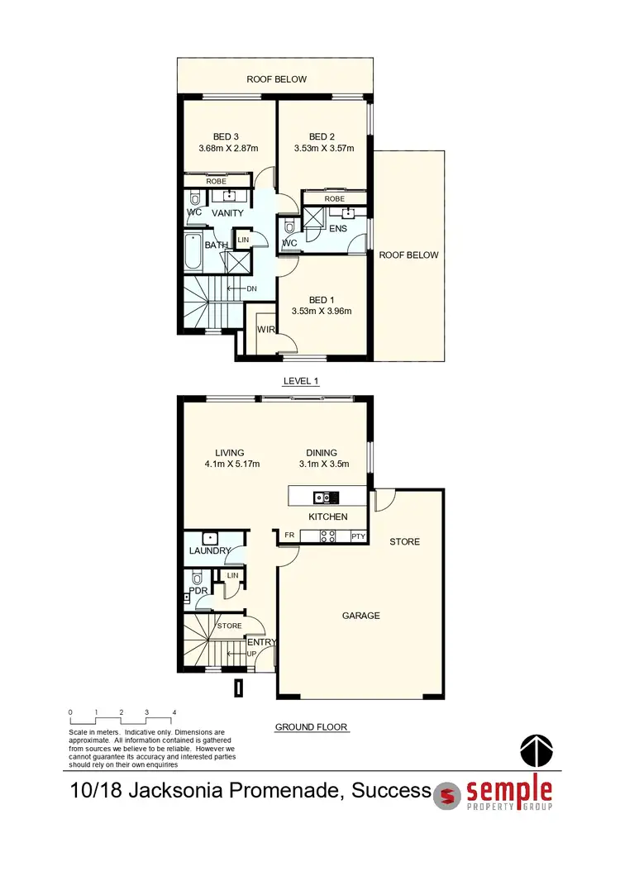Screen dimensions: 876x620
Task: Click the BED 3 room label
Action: click(228, 136)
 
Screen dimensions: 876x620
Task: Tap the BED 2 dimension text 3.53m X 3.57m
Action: click(324, 149)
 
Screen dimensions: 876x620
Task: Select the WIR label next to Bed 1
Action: click(266, 331)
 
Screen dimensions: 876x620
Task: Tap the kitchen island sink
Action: click(322, 498)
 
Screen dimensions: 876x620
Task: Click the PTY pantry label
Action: click(358, 536)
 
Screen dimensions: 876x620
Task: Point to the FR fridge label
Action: click(289, 536)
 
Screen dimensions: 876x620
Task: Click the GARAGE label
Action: click(361, 616)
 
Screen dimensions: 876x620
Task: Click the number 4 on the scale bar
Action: click(174, 712)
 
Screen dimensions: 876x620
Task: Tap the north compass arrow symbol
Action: click(535, 750)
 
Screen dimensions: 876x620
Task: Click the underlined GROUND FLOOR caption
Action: click(311, 727)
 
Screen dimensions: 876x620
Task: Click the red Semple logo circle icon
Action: click(448, 794)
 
